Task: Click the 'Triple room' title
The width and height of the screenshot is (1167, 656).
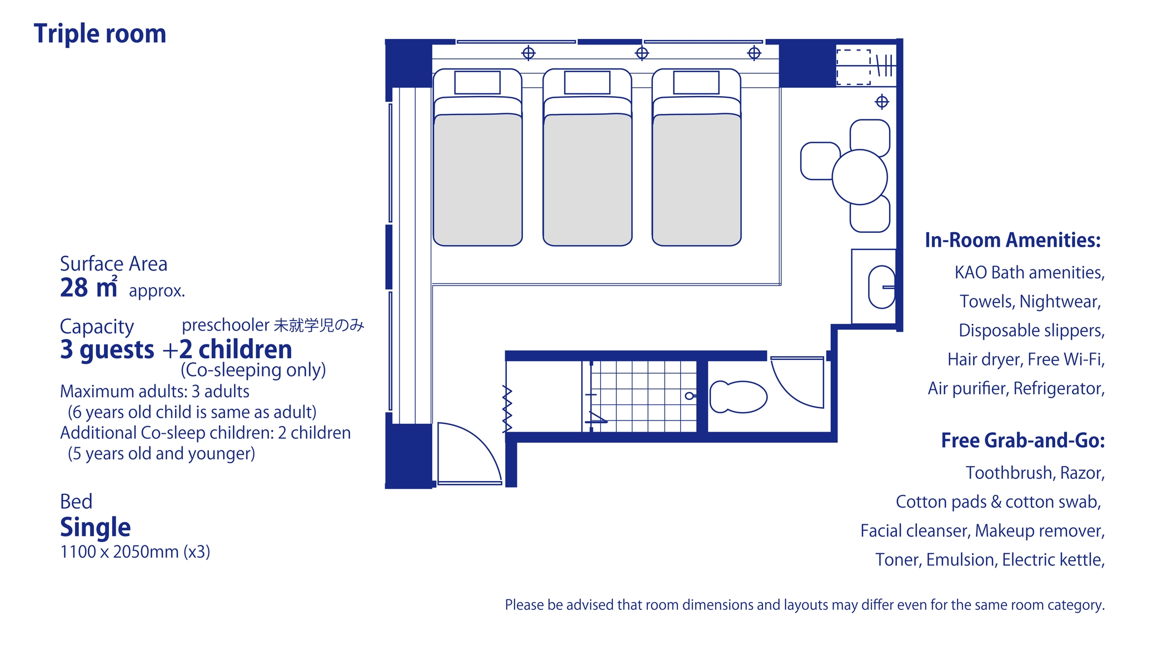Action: (x=100, y=34)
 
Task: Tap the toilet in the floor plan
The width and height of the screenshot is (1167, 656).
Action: (x=738, y=397)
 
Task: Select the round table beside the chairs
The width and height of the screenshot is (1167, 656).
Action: (x=859, y=177)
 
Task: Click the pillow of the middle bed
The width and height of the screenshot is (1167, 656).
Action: (x=587, y=83)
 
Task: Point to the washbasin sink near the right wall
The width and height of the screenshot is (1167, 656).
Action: (x=881, y=287)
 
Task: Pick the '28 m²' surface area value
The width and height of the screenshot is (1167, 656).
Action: (x=89, y=288)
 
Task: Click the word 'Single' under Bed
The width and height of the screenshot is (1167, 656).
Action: (x=96, y=527)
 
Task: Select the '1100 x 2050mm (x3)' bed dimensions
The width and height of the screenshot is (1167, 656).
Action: (x=135, y=552)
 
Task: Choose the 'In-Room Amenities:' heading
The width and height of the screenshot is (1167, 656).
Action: (x=1013, y=240)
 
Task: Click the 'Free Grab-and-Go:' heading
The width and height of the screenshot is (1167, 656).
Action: (x=1023, y=440)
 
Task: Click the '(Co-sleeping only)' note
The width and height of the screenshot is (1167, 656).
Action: (x=253, y=370)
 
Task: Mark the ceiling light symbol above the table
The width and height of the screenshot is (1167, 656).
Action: (x=882, y=102)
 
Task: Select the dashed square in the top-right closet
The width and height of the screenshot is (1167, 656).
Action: (x=854, y=67)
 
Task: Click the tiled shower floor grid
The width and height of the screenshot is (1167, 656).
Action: (x=643, y=396)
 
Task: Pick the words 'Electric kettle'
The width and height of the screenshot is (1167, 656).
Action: (x=1053, y=559)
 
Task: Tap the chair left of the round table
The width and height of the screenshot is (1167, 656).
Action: (x=819, y=161)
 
